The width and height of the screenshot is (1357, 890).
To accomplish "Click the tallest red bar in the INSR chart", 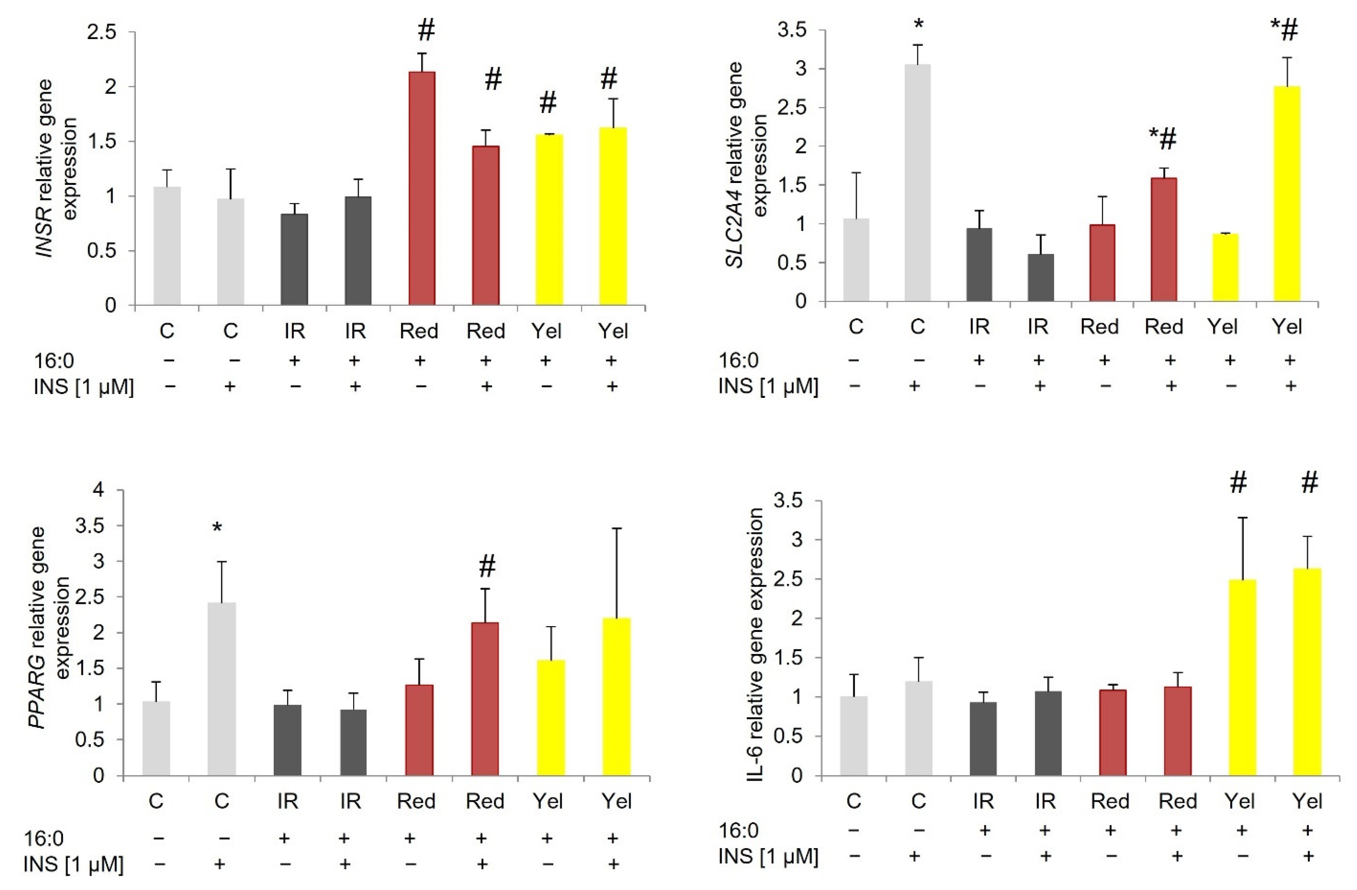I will coord(422,188).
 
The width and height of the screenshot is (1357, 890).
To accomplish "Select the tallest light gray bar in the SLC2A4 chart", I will coord(918,183).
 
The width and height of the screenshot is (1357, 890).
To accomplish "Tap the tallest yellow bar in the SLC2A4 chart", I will coord(1287,194).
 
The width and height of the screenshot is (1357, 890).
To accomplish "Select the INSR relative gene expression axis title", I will coord(57,168).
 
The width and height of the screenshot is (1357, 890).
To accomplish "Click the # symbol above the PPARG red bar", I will coord(486,566).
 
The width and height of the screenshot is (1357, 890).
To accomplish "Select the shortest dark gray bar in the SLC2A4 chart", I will coord(1041,277).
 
